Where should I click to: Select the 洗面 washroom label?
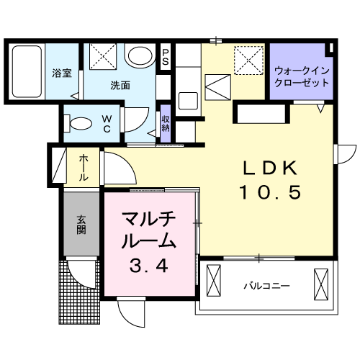click(120, 85)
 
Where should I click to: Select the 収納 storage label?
click(166, 123)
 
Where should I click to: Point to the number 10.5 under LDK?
click(269, 193)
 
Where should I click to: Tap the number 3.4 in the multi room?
click(149, 266)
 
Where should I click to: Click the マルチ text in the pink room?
click(149, 218)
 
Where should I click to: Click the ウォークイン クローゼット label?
click(301, 76)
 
